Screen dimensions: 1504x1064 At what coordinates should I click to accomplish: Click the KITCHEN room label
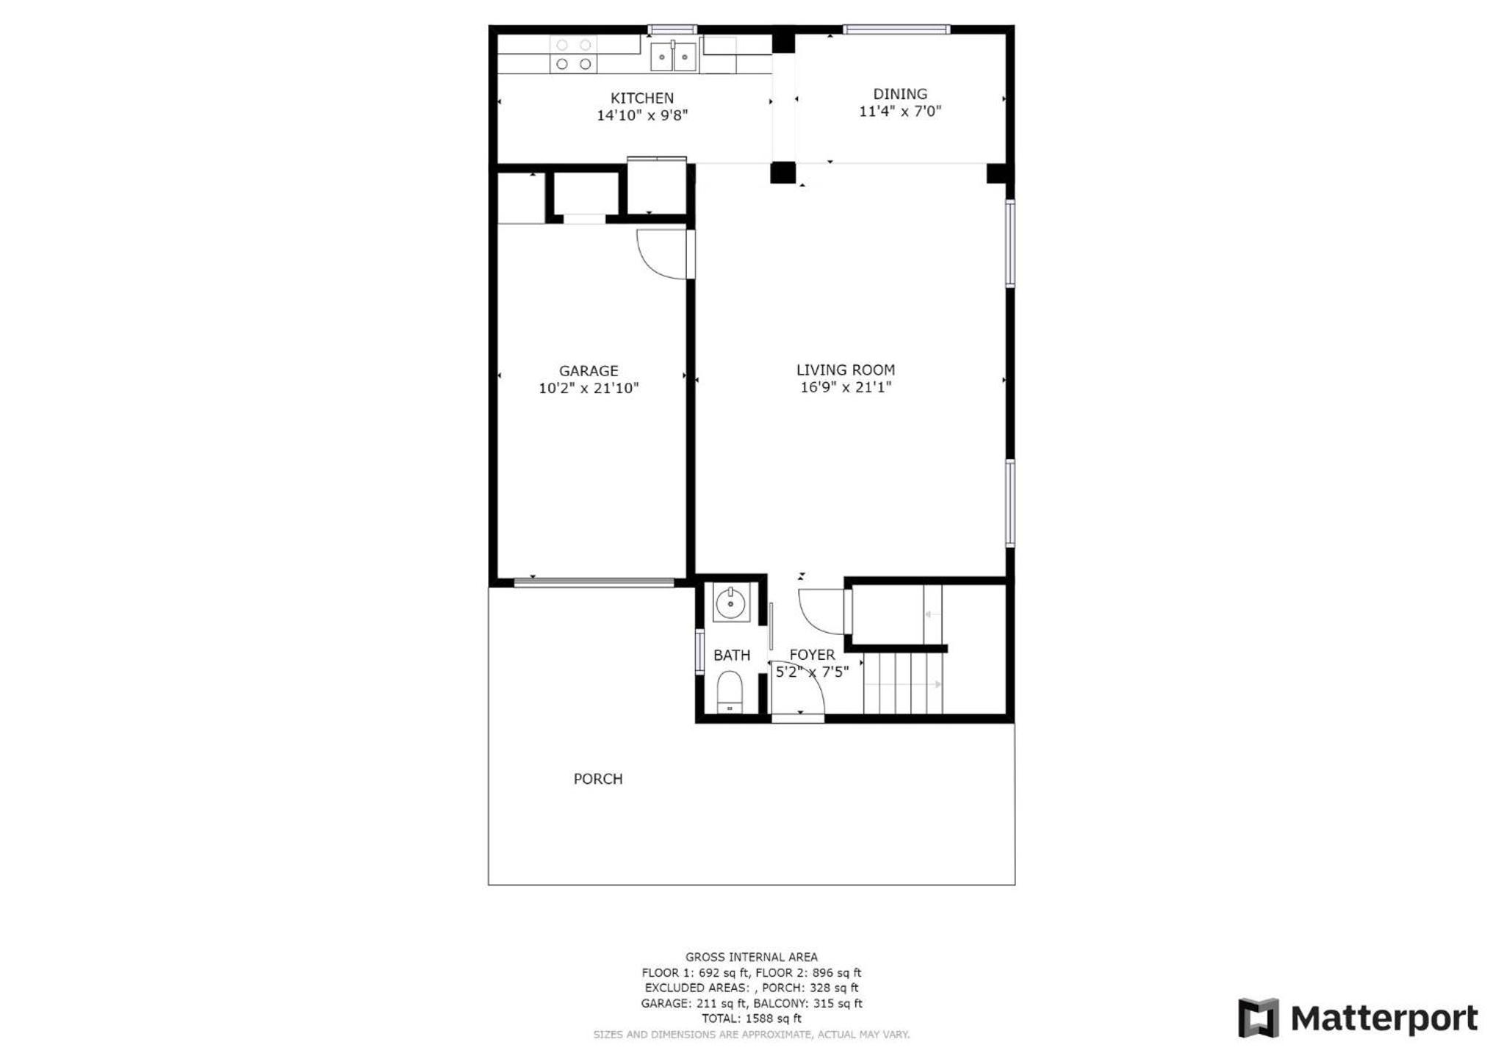[641, 98]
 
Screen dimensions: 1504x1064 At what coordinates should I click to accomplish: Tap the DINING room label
[900, 94]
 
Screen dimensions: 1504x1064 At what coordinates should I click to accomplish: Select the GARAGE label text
[589, 371]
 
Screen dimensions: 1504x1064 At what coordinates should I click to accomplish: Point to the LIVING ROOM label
[846, 370]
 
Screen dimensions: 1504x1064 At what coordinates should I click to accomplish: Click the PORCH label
[598, 779]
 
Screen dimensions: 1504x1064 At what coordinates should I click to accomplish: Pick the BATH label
[732, 655]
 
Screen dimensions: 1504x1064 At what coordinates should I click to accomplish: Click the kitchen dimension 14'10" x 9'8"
[642, 115]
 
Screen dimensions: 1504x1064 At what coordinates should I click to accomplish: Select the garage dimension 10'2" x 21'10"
[589, 388]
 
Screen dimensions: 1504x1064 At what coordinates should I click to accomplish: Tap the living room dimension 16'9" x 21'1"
[846, 387]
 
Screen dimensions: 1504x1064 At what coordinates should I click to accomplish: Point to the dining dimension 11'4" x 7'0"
[900, 112]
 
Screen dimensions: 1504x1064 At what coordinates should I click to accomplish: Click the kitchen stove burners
[573, 54]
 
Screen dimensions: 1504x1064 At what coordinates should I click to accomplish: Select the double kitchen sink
[674, 57]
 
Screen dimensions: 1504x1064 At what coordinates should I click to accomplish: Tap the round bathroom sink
[731, 604]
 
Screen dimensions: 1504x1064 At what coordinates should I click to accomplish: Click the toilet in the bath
[730, 691]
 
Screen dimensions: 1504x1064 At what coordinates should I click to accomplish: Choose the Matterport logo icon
[1258, 1018]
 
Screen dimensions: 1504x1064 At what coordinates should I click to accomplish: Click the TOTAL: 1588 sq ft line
[752, 1018]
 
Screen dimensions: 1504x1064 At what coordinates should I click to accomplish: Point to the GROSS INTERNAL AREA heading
[752, 957]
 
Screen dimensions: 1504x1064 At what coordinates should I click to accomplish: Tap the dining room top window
[896, 30]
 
